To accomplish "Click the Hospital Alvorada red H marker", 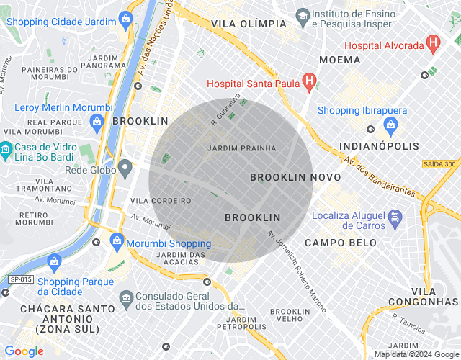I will [433, 43].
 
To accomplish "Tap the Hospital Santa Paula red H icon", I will [308, 82].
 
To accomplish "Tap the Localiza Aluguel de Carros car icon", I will [395, 217].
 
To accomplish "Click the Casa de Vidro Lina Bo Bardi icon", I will [6, 151].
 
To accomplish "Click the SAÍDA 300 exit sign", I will [439, 164].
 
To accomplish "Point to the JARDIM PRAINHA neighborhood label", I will [241, 148].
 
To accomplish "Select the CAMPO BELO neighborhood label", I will [340, 243].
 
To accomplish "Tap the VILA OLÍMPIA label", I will [249, 24].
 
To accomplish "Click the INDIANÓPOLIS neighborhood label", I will [379, 147].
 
